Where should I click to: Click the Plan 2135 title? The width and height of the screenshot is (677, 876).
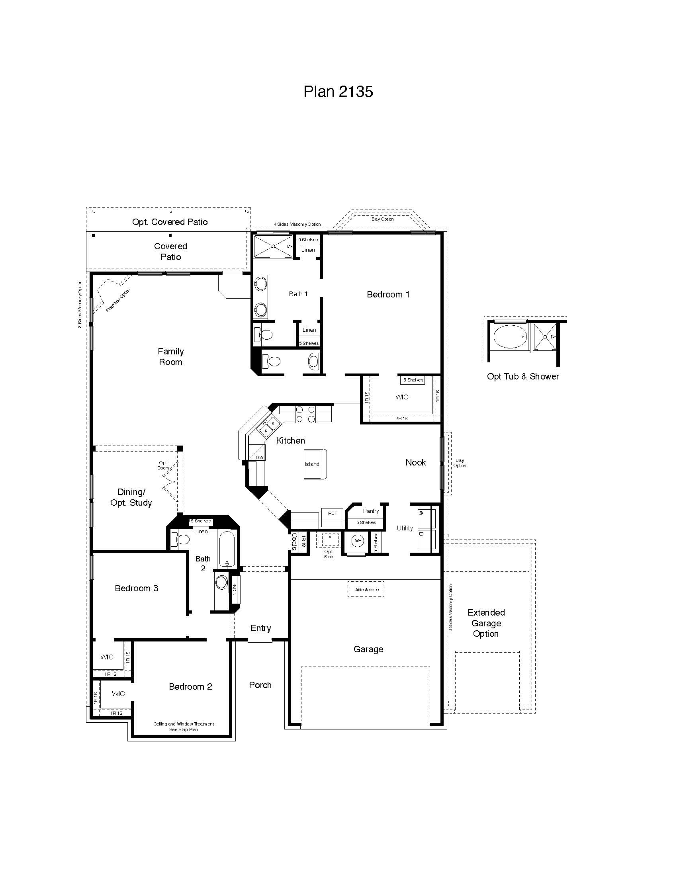point(338,92)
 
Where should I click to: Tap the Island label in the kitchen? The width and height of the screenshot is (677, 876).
point(312,464)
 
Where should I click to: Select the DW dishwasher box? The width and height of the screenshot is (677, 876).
point(260,458)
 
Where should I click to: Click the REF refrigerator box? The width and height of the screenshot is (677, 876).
point(333,513)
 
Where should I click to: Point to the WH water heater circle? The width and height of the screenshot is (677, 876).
point(358,541)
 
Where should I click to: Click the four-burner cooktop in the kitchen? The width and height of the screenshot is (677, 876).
point(305,415)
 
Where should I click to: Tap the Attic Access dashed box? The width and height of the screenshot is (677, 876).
point(366,590)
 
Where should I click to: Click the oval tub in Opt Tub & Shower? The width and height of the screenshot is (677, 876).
point(510,337)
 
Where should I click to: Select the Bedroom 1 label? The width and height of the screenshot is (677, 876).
point(388,294)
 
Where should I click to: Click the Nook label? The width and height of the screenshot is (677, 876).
point(415,462)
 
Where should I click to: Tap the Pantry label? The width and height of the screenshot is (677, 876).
point(371,511)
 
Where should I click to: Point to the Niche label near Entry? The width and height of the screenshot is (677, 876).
point(235,590)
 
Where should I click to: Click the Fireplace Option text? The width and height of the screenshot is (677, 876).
point(118,300)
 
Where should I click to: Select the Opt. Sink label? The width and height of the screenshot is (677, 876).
point(329,554)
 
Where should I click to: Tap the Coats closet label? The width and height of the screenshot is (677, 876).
point(294,542)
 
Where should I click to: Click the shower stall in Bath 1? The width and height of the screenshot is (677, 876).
point(273,246)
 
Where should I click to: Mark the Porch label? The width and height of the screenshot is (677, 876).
point(260,685)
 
